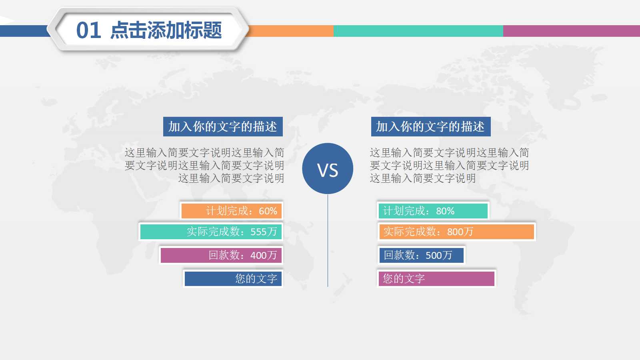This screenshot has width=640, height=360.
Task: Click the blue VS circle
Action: click(x=328, y=168)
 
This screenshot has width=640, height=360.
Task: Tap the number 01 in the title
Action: click(x=88, y=30)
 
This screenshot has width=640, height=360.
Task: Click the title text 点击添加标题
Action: click(x=166, y=30)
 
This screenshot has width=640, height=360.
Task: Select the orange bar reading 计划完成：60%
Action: click(x=232, y=211)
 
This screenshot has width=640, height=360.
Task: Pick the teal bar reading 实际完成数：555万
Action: click(x=211, y=232)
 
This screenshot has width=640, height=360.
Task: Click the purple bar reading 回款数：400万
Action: click(x=221, y=255)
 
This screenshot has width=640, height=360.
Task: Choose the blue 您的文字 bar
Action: click(x=233, y=279)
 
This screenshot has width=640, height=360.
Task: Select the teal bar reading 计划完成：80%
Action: click(x=433, y=211)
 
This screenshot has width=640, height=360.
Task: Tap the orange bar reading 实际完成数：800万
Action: click(x=456, y=232)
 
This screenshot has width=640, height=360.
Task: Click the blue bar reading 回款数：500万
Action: click(x=421, y=255)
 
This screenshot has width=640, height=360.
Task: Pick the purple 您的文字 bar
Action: click(x=436, y=279)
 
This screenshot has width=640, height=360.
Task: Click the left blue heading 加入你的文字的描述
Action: click(x=223, y=127)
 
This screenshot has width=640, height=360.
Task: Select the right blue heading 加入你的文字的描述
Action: click(x=430, y=127)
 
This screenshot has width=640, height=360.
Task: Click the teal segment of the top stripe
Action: click(x=418, y=31)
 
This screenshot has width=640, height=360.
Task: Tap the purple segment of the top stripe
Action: click(x=571, y=31)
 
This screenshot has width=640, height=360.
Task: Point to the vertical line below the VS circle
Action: click(x=328, y=240)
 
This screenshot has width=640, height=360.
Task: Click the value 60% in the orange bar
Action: click(x=268, y=211)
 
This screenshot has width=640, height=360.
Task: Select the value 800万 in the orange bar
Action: click(x=460, y=232)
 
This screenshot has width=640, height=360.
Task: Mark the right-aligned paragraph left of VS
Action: click(x=204, y=165)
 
